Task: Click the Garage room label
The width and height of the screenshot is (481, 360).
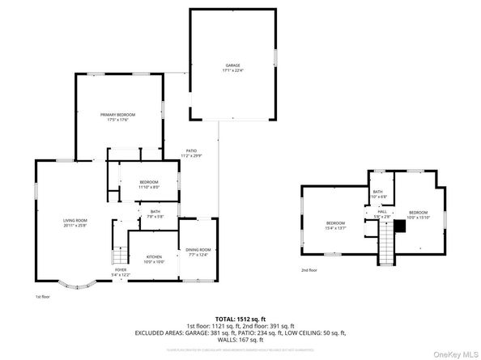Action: point(232,67)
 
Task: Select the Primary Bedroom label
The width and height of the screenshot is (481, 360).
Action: point(117,117)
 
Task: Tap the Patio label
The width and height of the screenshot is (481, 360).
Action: point(192,152)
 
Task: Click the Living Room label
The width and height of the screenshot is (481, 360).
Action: point(75,223)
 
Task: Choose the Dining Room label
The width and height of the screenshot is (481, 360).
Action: point(198,252)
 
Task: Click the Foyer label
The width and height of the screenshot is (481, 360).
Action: point(120,273)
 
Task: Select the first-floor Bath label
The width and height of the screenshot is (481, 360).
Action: point(154,214)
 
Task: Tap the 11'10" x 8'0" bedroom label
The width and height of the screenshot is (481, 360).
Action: point(148,184)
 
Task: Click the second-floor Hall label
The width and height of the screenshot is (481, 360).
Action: point(381,214)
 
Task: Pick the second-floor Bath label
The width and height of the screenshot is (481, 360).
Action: point(378,193)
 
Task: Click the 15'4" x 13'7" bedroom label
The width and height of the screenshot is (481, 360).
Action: point(335,226)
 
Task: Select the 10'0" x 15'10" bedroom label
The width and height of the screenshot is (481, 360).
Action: point(417,214)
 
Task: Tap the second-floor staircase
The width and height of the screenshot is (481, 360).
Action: point(387,243)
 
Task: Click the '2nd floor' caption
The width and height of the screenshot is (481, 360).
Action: point(309,270)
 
